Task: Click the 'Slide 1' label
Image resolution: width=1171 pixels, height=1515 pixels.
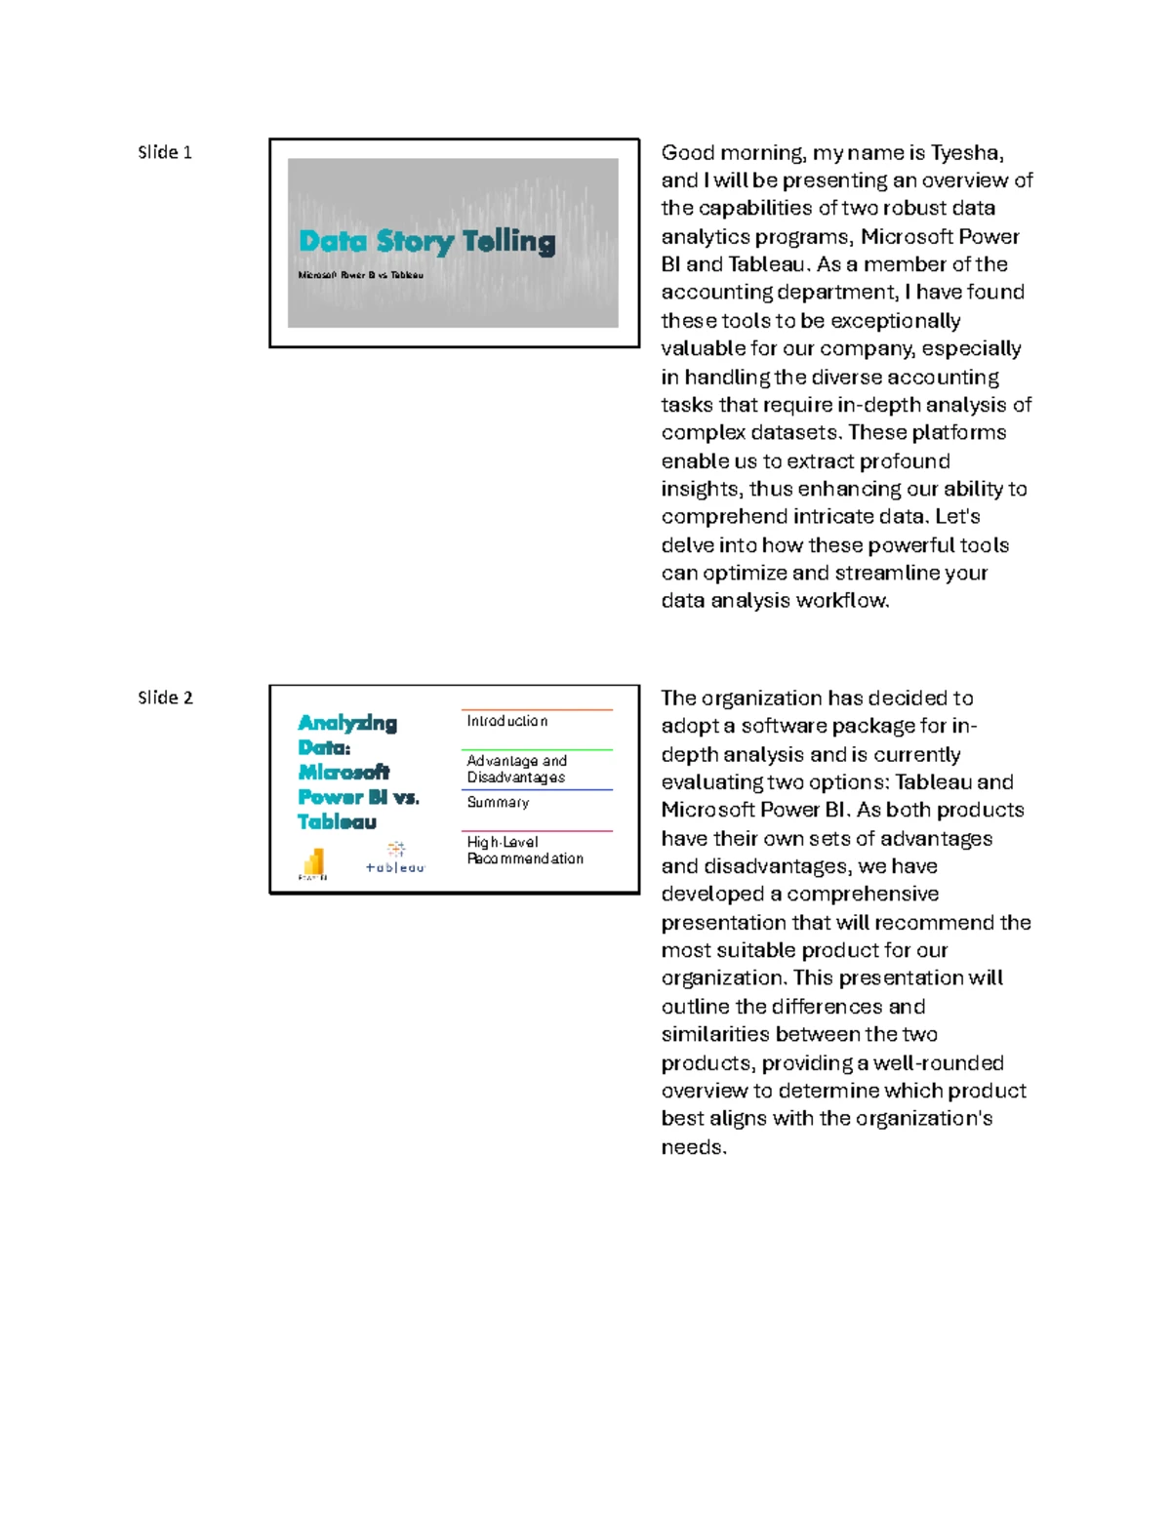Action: click(164, 152)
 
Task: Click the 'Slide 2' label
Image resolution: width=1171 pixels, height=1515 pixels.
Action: click(165, 698)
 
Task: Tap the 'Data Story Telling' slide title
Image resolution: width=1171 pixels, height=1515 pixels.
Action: click(426, 241)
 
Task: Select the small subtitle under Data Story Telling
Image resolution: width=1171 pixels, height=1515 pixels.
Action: click(360, 275)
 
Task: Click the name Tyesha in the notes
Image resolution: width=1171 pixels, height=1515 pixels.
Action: click(965, 152)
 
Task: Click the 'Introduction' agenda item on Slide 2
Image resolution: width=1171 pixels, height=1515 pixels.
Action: click(506, 721)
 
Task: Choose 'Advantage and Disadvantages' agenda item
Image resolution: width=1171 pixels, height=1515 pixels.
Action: click(516, 769)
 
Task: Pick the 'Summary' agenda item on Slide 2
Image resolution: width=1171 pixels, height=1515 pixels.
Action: click(498, 802)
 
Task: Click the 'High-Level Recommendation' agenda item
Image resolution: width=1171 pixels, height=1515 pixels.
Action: click(524, 850)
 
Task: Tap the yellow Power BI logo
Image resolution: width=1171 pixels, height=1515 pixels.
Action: click(313, 862)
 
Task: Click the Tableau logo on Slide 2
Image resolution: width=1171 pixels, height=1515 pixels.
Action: click(395, 857)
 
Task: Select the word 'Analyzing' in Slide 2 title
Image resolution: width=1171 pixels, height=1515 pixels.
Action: click(347, 723)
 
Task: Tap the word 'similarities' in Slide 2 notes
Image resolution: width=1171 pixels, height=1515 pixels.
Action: click(715, 1034)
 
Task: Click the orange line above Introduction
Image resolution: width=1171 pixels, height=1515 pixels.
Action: click(537, 709)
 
